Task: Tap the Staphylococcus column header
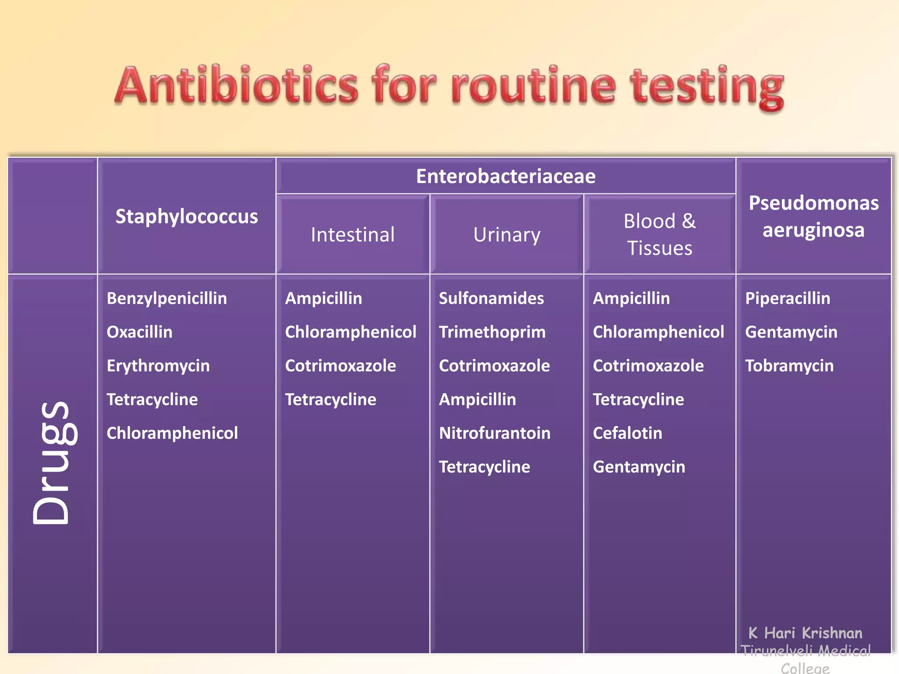click(x=187, y=216)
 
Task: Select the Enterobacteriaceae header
click(x=506, y=176)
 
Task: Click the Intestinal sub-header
click(x=352, y=235)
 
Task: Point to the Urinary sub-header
click(x=507, y=235)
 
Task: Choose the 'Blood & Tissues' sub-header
click(x=659, y=234)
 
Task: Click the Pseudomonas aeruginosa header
click(x=813, y=216)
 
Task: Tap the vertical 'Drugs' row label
click(x=52, y=462)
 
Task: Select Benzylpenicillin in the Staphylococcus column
click(x=167, y=298)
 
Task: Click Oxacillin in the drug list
click(x=140, y=332)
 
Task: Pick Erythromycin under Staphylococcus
click(x=158, y=366)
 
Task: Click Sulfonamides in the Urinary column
click(x=491, y=298)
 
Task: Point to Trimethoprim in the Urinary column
click(x=492, y=332)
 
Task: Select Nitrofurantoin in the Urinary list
click(x=495, y=434)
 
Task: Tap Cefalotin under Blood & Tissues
click(x=627, y=434)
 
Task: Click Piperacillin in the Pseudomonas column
click(x=788, y=298)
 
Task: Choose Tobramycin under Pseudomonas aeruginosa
click(x=789, y=366)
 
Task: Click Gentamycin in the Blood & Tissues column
click(x=639, y=467)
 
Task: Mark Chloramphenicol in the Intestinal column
click(x=350, y=332)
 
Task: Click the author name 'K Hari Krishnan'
click(x=805, y=633)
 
